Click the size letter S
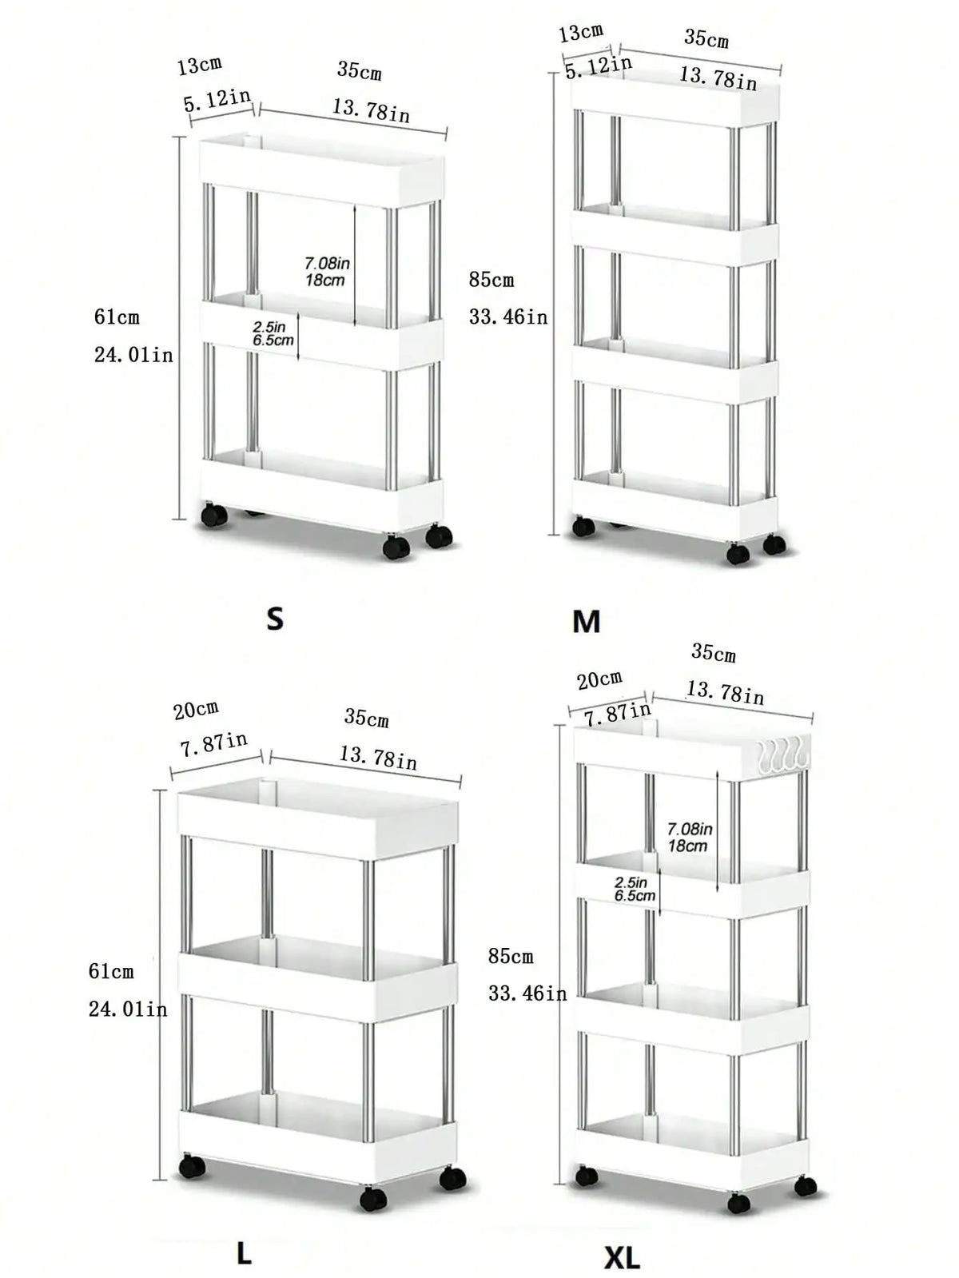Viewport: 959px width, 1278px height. coord(274,618)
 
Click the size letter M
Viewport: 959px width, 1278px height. coord(586,622)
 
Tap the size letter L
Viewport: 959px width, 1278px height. coord(245,1253)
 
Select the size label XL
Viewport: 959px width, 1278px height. coord(621,1258)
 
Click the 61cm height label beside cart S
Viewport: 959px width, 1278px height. coord(117,317)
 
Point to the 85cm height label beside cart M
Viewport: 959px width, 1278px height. coord(491,281)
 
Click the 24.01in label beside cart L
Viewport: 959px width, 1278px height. coord(128,1009)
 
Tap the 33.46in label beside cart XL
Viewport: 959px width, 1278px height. coord(527,993)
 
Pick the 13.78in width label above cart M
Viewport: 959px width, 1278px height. coord(718,78)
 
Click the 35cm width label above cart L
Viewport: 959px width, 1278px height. coord(366,718)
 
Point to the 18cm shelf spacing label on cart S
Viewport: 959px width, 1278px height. coord(325,281)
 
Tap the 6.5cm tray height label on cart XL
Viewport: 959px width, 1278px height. coord(635,895)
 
